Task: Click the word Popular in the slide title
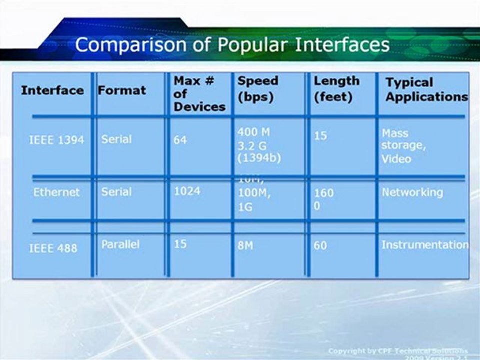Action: [x=252, y=45]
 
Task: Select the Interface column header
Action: [x=52, y=90]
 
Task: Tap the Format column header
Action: [x=122, y=90]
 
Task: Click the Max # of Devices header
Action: [x=199, y=93]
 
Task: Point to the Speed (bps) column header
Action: [x=258, y=88]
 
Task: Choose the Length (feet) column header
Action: [x=336, y=88]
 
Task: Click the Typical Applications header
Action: [x=426, y=89]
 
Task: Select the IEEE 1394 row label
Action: [x=56, y=140]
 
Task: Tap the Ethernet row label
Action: [x=56, y=192]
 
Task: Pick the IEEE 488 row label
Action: [x=53, y=248]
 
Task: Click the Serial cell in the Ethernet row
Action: [x=116, y=192]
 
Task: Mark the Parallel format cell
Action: [x=120, y=244]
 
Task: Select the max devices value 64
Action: [x=180, y=140]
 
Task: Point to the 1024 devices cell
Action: [x=187, y=191]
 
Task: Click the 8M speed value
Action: [x=245, y=246]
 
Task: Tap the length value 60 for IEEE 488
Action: [x=320, y=246]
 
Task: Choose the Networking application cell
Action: [x=412, y=192]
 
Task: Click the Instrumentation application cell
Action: [x=425, y=245]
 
